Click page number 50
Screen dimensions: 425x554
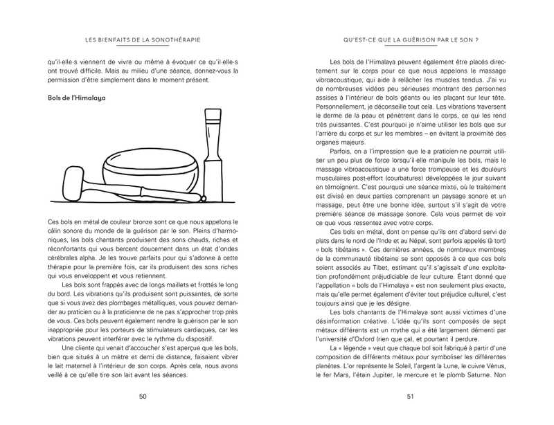[142, 397]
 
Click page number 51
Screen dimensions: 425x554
[410, 397]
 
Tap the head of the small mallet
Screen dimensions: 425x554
[74, 181]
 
